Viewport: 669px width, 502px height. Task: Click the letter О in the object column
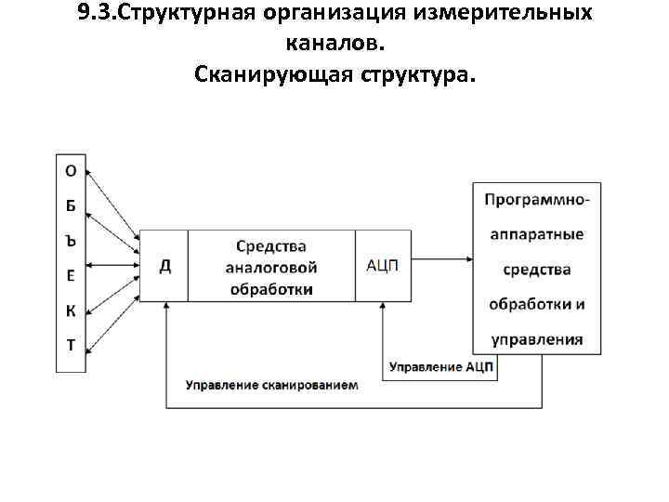71,170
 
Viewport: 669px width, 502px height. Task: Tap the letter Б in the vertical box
71,205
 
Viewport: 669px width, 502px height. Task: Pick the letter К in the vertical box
71,310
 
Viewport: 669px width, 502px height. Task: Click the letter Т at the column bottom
71,345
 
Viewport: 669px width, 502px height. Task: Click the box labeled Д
164,266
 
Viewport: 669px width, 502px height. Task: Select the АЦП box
382,266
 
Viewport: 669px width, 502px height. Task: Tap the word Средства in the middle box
270,246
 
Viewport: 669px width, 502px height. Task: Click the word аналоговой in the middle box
270,268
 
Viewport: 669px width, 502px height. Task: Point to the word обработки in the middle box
270,289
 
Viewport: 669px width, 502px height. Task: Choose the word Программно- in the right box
537,199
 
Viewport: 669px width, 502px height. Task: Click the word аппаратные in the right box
537,234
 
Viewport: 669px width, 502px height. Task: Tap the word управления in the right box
537,339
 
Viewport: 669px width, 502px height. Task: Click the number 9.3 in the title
98,16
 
